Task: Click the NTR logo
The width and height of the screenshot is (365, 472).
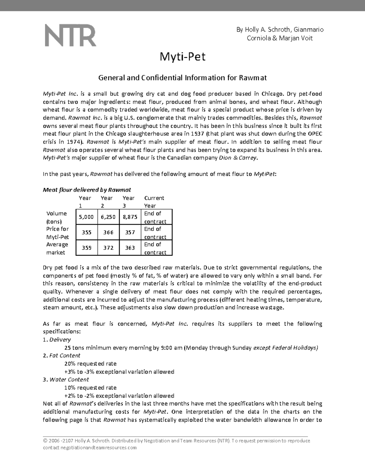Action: [x=71, y=36]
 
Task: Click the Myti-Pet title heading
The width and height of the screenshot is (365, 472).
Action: [x=182, y=57]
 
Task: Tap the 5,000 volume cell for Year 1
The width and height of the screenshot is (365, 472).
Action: [x=86, y=217]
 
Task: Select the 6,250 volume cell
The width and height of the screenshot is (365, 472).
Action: [x=108, y=217]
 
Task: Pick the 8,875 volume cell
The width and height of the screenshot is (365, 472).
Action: [x=130, y=217]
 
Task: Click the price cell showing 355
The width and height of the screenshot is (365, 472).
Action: [x=86, y=233]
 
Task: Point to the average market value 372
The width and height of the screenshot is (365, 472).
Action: [x=108, y=248]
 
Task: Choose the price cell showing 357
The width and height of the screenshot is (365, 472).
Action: [x=130, y=233]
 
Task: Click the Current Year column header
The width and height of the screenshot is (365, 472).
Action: [x=154, y=202]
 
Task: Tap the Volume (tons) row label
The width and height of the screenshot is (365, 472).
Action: [x=57, y=217]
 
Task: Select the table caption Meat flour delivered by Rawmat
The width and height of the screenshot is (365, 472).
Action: [x=87, y=190]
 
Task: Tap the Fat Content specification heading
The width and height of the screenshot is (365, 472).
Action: [x=65, y=356]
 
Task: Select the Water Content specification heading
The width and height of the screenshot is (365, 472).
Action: [x=69, y=380]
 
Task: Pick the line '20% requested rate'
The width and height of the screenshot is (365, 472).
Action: [x=90, y=363]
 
